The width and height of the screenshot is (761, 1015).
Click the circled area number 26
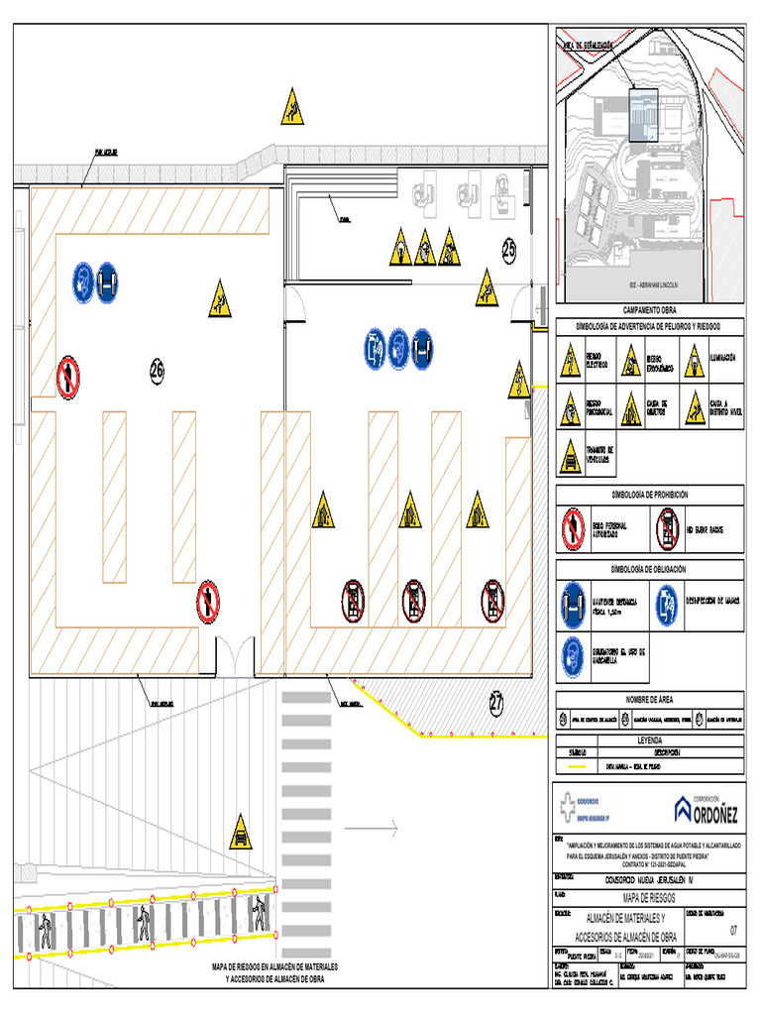[x=157, y=370]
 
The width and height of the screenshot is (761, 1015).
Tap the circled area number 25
[x=508, y=252]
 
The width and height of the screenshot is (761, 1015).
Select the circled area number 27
[x=496, y=703]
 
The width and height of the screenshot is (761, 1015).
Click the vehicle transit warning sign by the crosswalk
[x=240, y=833]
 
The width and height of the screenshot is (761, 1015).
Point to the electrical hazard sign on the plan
[x=518, y=380]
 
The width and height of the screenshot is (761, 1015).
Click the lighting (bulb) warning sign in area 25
[x=398, y=249]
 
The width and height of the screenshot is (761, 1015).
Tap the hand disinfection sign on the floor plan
[x=374, y=347]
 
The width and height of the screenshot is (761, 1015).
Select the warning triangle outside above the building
[x=290, y=108]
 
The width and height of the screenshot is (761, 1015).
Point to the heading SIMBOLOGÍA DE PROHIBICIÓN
[x=649, y=493]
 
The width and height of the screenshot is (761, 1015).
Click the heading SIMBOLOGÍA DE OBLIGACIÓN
[x=649, y=569]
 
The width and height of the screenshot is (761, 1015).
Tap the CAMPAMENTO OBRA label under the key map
[x=649, y=311]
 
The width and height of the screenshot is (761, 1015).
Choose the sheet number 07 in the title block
[x=733, y=930]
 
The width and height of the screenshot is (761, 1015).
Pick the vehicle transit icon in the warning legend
[x=570, y=457]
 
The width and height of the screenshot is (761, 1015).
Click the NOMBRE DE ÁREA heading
[x=649, y=699]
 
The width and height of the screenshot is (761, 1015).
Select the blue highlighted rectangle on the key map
[x=643, y=115]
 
